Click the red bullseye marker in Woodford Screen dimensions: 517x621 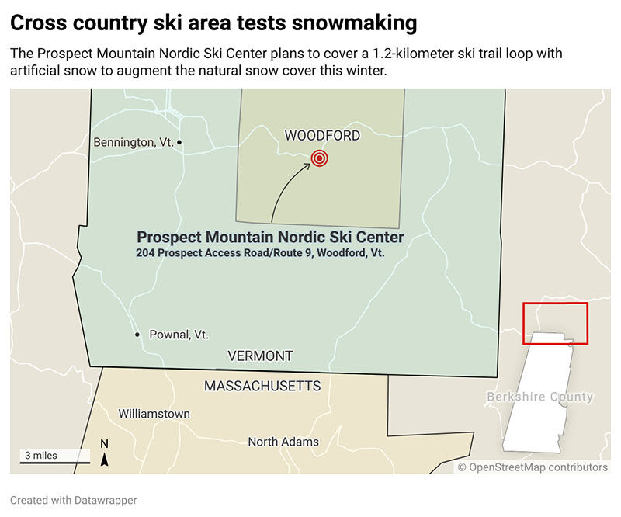(x=319, y=158)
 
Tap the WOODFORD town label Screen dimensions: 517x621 (x=322, y=136)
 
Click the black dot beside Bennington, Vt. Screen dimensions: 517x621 (x=179, y=142)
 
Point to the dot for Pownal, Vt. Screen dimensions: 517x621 (x=137, y=335)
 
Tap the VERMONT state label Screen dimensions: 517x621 (x=260, y=356)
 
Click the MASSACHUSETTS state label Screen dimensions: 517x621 (x=262, y=386)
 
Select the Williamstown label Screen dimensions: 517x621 (x=154, y=414)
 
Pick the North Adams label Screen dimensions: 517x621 (x=283, y=442)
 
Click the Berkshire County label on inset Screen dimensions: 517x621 (x=539, y=397)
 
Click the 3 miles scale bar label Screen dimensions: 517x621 (x=40, y=456)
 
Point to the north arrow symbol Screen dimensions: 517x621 (x=105, y=459)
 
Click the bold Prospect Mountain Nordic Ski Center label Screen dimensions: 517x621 (x=270, y=238)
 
